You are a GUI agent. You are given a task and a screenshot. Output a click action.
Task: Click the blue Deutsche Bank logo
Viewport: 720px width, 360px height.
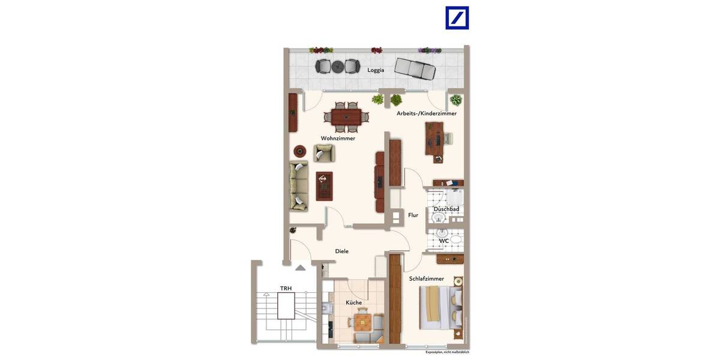[457, 18]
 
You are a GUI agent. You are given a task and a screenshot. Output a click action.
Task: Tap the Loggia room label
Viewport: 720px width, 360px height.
[376, 70]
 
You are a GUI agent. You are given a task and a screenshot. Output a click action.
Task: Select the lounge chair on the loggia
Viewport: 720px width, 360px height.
[415, 68]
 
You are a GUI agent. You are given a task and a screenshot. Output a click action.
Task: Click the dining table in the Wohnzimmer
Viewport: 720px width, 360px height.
[347, 116]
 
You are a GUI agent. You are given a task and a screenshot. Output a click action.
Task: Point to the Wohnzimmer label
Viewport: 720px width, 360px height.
[338, 139]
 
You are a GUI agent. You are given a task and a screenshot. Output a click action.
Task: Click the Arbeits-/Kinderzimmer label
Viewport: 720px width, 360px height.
[426, 113]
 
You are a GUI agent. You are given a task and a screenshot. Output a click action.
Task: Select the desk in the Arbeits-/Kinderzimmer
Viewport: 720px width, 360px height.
[434, 140]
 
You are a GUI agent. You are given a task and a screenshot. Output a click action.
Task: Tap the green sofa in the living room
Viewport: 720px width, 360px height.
[297, 186]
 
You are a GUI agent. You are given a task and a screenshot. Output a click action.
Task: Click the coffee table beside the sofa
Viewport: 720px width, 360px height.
[324, 186]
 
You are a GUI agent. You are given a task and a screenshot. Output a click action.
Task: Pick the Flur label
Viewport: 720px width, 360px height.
[413, 215]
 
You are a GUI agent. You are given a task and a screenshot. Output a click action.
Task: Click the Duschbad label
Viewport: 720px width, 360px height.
[446, 209]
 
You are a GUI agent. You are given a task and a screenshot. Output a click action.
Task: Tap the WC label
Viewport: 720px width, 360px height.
[444, 241]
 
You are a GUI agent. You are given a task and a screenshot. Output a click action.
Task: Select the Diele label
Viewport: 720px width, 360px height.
[341, 251]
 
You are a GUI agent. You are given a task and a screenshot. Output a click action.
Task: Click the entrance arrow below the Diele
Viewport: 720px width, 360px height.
[301, 268]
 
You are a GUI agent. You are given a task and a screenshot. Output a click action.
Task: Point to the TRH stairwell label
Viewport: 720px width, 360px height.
[286, 289]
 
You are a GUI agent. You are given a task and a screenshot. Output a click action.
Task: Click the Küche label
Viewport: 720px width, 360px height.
[353, 302]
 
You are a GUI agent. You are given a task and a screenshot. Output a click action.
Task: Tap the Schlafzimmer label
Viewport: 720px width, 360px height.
[426, 279]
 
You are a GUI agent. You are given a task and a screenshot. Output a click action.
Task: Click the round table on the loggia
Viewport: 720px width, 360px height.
[337, 66]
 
